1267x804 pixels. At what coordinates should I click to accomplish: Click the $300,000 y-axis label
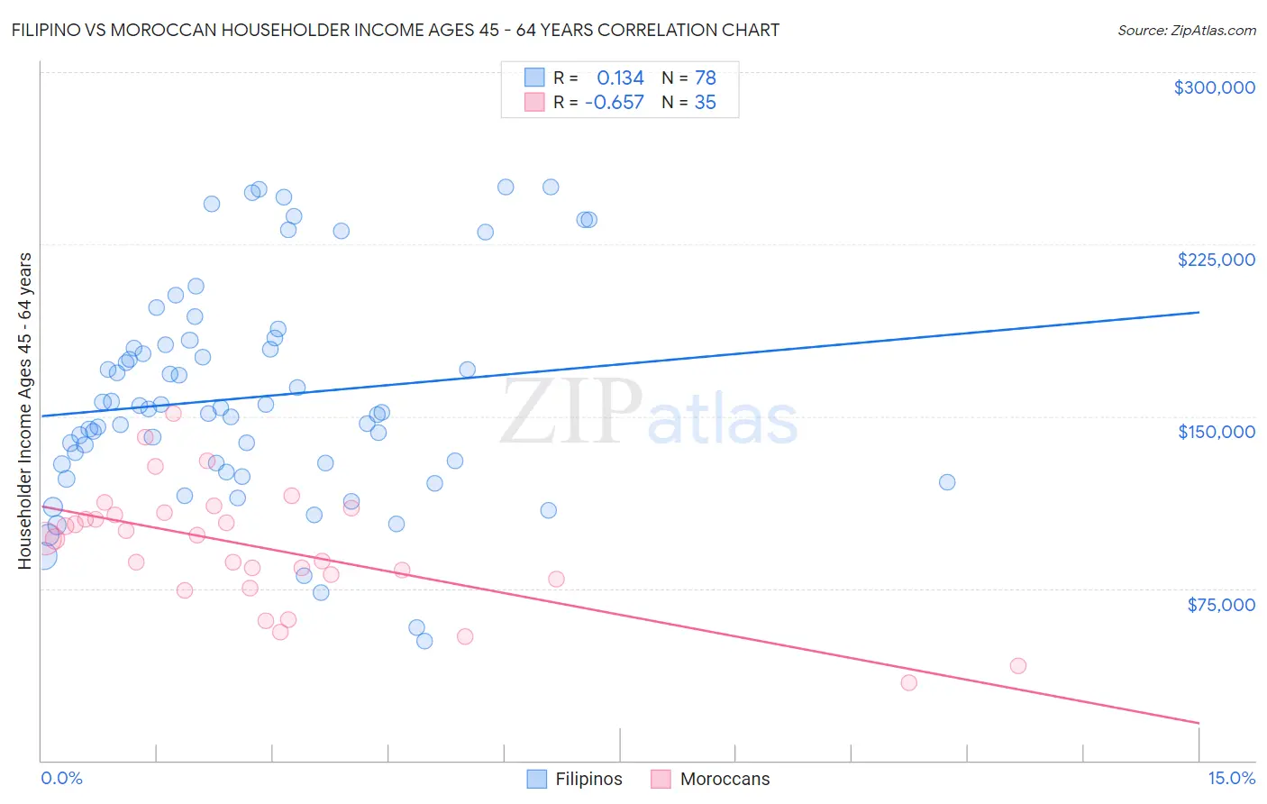click(x=1214, y=87)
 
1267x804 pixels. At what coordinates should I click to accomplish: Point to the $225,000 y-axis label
click(x=1216, y=260)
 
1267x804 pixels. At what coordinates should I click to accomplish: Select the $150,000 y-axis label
click(x=1216, y=432)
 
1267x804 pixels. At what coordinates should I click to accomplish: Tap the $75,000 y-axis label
click(x=1220, y=605)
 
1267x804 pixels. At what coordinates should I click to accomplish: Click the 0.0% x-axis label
click(x=61, y=779)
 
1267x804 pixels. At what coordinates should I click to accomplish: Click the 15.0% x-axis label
click(x=1231, y=779)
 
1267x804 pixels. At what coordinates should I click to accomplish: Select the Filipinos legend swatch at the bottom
click(x=537, y=779)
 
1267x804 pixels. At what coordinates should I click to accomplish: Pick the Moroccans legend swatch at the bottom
click(x=661, y=779)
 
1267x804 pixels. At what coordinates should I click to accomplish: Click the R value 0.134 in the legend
click(x=620, y=78)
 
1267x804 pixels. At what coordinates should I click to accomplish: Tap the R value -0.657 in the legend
click(x=615, y=103)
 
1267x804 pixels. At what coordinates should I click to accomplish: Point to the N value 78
click(x=705, y=78)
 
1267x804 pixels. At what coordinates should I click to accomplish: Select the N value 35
click(x=705, y=103)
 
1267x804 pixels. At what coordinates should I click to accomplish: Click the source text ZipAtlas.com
click(x=1212, y=30)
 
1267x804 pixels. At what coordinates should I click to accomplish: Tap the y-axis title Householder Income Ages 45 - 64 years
click(x=25, y=411)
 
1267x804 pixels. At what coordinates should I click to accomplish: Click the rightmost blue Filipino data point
click(x=947, y=482)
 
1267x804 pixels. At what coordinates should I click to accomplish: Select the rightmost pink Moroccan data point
click(x=1018, y=666)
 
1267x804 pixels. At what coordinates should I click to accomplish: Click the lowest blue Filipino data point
click(x=424, y=641)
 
